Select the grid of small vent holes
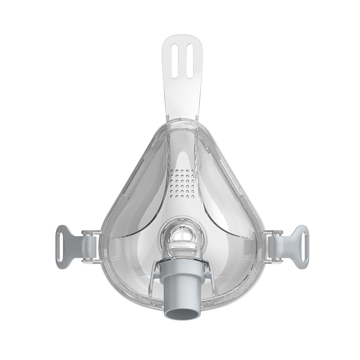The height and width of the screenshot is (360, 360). (182, 184)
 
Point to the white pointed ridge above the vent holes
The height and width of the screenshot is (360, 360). (182, 157)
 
